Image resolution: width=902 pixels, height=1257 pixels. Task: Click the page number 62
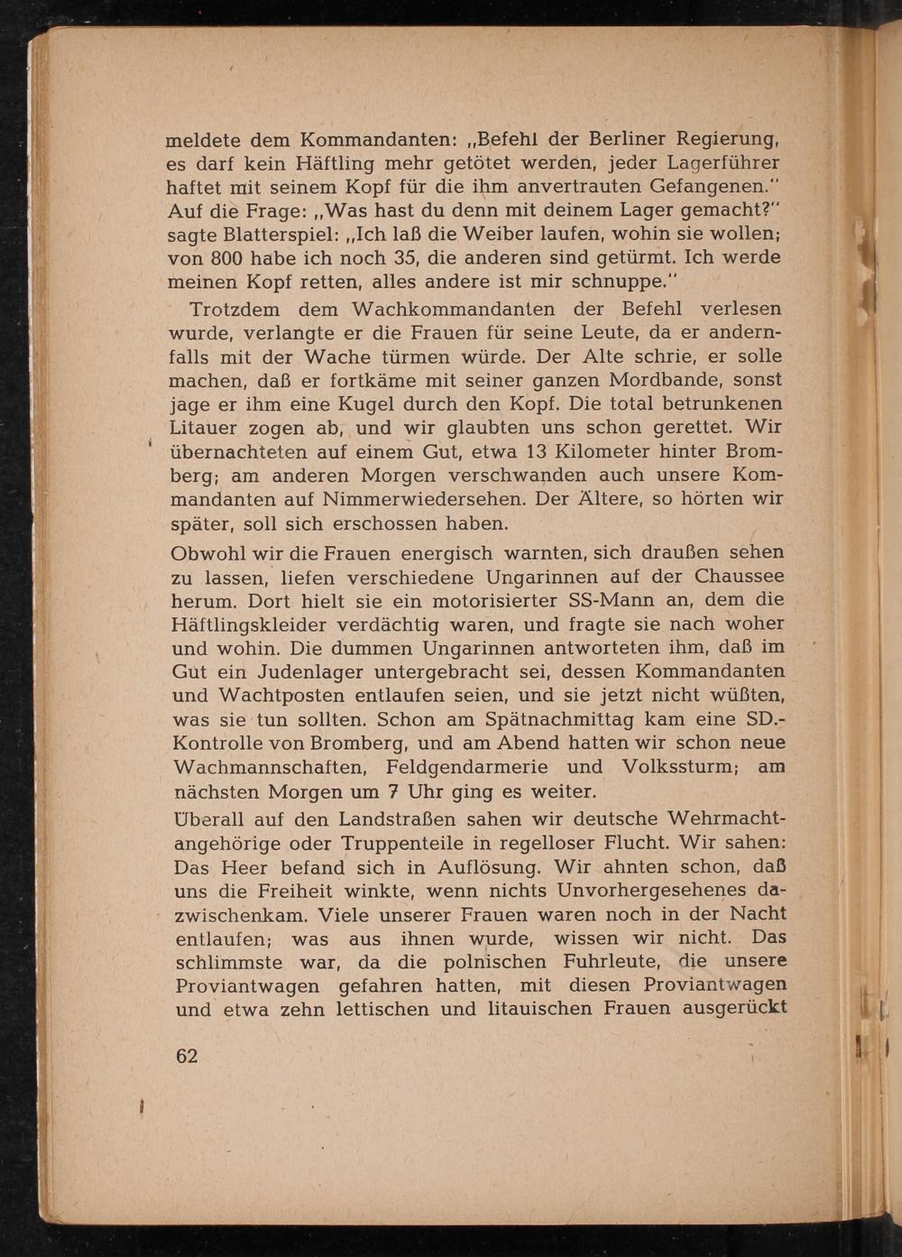(x=187, y=1056)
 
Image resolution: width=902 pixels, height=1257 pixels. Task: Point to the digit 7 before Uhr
(x=392, y=792)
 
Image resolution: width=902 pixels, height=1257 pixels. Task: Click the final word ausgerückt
(x=734, y=1009)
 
